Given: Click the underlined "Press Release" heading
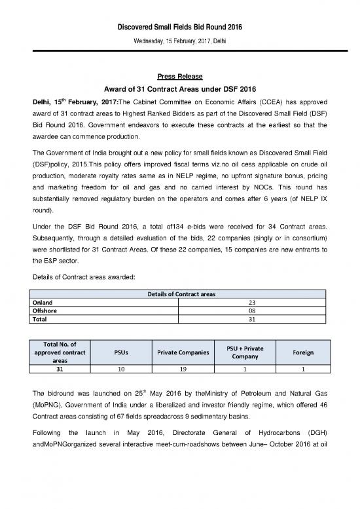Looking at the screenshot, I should pyautogui.click(x=180, y=75).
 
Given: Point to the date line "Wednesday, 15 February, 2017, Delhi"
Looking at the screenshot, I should pyautogui.click(x=180, y=22).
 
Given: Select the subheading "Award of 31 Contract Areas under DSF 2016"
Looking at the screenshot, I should pyautogui.click(x=180, y=90).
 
